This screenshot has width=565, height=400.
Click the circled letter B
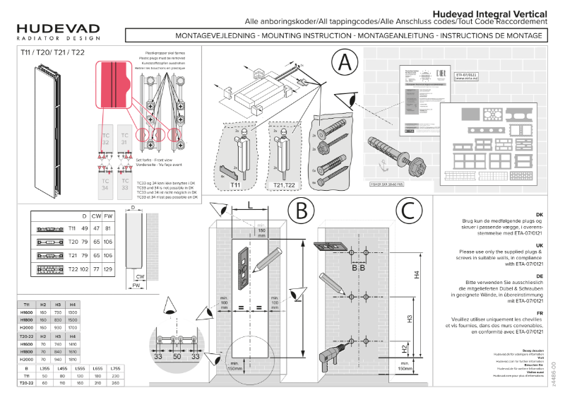(x=302, y=211)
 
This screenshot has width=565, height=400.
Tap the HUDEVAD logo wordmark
(x=59, y=28)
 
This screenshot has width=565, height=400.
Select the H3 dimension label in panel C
(x=410, y=319)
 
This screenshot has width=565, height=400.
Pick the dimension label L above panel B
(x=251, y=205)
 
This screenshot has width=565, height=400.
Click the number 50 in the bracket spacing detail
(x=177, y=358)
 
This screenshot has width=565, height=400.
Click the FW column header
(x=108, y=215)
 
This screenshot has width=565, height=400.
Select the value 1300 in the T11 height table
(x=73, y=312)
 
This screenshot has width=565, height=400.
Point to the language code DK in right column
(x=539, y=214)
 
